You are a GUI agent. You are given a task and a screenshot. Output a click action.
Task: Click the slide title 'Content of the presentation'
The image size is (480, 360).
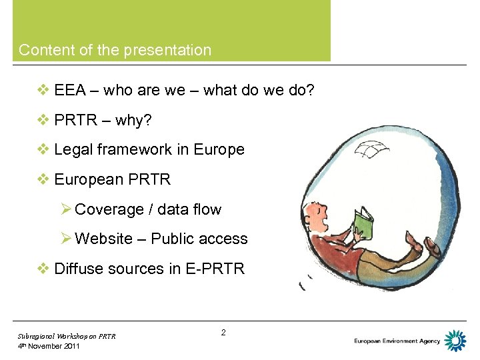coord(115,50)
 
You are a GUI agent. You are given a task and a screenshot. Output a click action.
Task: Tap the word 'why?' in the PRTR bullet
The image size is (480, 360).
coord(133,120)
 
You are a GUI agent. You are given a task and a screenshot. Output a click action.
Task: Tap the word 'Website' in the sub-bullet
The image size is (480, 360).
coord(104,239)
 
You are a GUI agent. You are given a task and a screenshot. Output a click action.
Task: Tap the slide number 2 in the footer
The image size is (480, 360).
coord(223,332)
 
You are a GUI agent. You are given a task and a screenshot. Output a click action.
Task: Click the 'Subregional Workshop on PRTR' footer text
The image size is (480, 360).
coord(67,336)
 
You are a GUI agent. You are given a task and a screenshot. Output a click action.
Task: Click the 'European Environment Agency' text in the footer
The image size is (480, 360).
coord(397,341)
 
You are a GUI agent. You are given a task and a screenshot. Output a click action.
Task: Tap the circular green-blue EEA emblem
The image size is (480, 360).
coord(455,341)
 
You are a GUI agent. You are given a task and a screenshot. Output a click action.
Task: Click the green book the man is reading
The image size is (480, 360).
coord(365,223)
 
